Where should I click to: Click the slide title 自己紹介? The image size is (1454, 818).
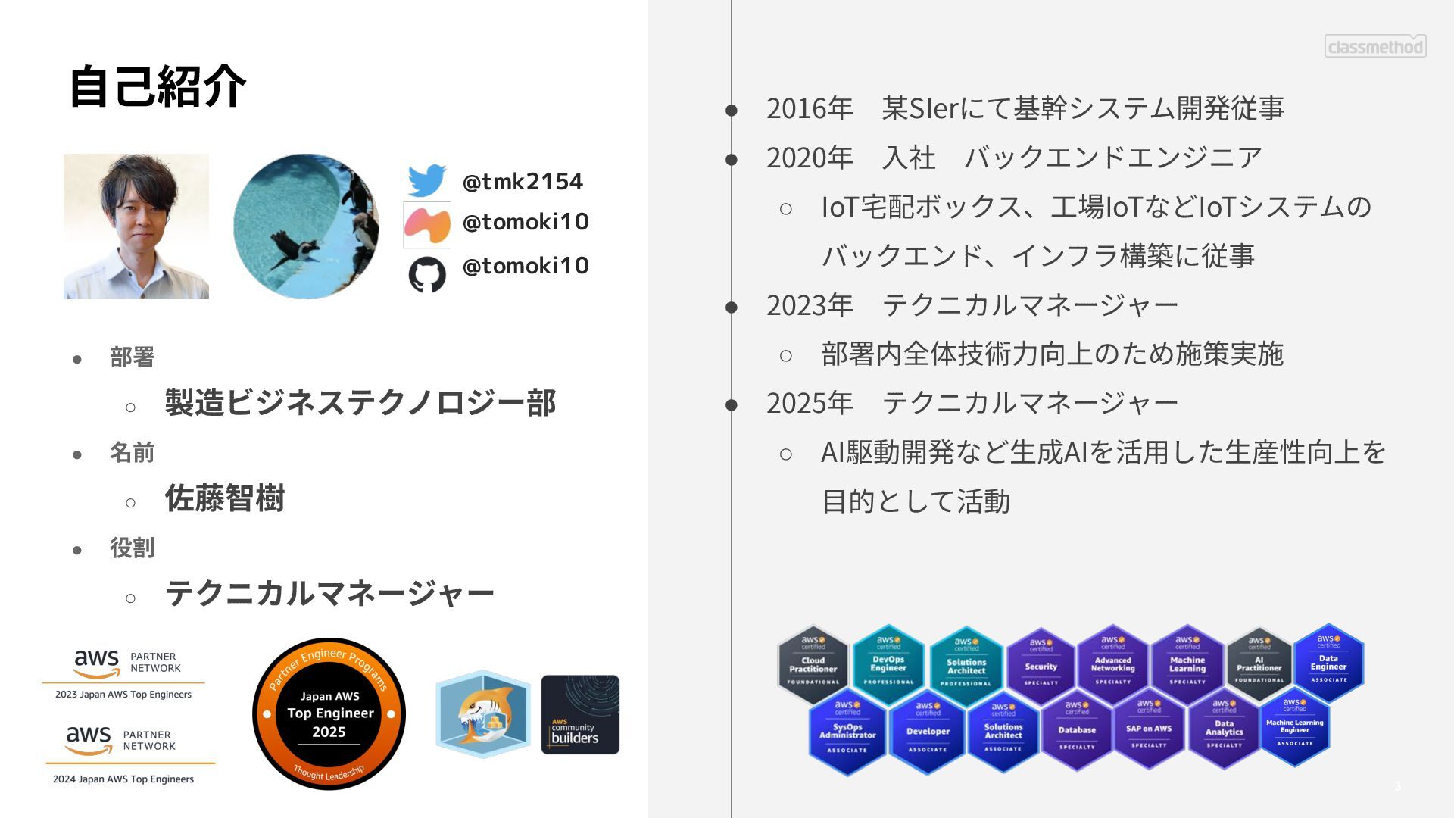pos(158,86)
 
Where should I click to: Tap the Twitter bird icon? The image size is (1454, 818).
pos(427,181)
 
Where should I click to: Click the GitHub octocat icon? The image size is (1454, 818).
pos(427,274)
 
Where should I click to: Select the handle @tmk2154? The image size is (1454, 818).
pos(523,182)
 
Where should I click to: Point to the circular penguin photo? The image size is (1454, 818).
pos(306,226)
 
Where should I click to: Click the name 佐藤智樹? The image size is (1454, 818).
pos(225,498)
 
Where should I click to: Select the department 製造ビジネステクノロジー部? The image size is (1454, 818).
pos(360,403)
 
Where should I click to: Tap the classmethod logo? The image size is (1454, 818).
pos(1375,46)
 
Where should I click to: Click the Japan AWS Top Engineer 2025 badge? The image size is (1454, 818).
pos(329,713)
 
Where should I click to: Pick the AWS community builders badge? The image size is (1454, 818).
pos(580,715)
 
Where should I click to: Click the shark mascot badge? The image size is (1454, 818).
pos(482,714)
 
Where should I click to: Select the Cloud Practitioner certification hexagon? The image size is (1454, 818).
pos(813,664)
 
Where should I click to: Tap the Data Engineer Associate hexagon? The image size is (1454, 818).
pos(1328,662)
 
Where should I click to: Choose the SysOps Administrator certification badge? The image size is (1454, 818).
pos(847,732)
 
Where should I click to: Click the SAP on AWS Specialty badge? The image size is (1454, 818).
pos(1149,730)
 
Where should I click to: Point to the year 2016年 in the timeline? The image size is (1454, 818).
pos(810,108)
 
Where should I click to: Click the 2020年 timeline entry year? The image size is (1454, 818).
pos(810,158)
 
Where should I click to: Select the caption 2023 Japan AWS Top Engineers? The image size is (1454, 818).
pos(123,695)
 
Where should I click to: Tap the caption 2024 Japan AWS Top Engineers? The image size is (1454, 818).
pos(123,779)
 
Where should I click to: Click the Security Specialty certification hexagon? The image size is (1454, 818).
pos(1041,664)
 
